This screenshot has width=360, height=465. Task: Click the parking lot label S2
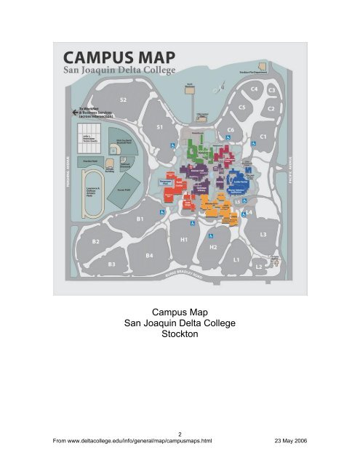coord(124,99)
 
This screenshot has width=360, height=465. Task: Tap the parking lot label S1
coord(160,127)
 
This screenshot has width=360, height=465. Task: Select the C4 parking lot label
coord(254,89)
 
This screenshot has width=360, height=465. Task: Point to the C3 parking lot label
coord(273,89)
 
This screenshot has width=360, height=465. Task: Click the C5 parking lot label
coord(243,107)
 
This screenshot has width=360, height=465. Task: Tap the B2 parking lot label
coord(95,240)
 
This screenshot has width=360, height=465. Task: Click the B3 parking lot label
coord(112,265)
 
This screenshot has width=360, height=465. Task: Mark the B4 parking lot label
coord(150,255)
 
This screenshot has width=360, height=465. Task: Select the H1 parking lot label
coord(184,238)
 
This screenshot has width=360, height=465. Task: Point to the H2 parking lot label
coord(214,247)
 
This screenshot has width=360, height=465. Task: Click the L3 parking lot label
coord(263,234)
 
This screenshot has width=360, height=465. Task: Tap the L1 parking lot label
coord(236,259)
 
